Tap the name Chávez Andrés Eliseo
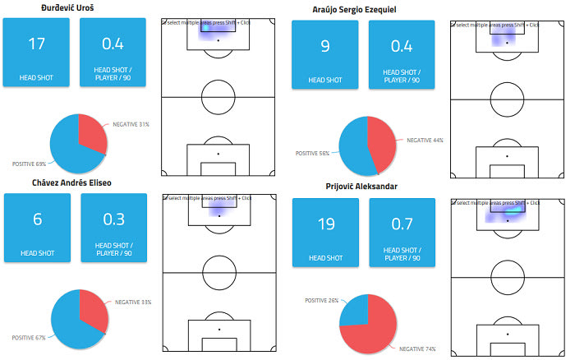click(x=71, y=182)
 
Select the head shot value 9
click(x=324, y=47)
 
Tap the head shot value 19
click(x=325, y=224)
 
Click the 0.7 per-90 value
click(x=402, y=224)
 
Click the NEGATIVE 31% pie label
click(x=132, y=124)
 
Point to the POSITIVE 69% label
click(x=29, y=164)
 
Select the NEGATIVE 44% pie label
click(x=425, y=141)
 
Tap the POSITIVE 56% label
click(x=312, y=153)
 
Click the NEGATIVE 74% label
click(x=419, y=349)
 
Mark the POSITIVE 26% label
click(x=322, y=299)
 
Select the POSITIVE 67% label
click(x=29, y=338)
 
